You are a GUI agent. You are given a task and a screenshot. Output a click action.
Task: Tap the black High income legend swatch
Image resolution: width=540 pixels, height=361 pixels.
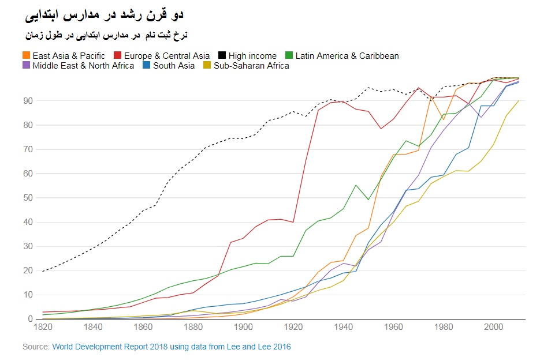[222, 56]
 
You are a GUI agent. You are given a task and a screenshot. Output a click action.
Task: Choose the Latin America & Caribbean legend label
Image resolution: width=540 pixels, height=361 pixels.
[347, 56]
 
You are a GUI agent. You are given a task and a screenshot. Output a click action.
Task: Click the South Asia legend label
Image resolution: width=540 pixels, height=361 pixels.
[174, 66]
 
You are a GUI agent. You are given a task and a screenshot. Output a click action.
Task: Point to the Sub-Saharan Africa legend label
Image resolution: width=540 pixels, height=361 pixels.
[251, 66]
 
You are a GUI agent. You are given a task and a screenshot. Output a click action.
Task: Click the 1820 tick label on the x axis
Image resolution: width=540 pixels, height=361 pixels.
[43, 327]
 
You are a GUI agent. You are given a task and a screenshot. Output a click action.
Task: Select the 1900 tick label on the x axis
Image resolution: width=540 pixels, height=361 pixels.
[243, 327]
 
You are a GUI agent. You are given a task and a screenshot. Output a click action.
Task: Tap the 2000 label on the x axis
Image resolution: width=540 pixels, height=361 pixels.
[493, 327]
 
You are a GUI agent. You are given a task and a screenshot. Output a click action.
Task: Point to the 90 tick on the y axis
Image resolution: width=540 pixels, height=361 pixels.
[28, 101]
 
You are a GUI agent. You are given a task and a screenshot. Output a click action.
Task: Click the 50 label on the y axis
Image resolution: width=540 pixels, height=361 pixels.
[28, 198]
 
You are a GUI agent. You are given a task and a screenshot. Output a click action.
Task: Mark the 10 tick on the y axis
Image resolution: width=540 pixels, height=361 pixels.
[28, 295]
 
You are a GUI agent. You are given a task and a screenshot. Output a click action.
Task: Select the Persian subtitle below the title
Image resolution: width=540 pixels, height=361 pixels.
[106, 35]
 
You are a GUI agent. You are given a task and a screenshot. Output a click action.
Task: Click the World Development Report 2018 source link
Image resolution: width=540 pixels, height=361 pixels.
[171, 347]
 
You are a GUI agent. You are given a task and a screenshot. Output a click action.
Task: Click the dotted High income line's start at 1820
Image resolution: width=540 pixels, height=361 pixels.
[43, 271]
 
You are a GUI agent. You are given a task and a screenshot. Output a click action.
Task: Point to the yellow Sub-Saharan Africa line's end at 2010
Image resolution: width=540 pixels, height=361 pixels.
[518, 101]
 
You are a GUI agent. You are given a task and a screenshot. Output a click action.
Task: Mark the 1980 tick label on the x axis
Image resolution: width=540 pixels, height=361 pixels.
[443, 327]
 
